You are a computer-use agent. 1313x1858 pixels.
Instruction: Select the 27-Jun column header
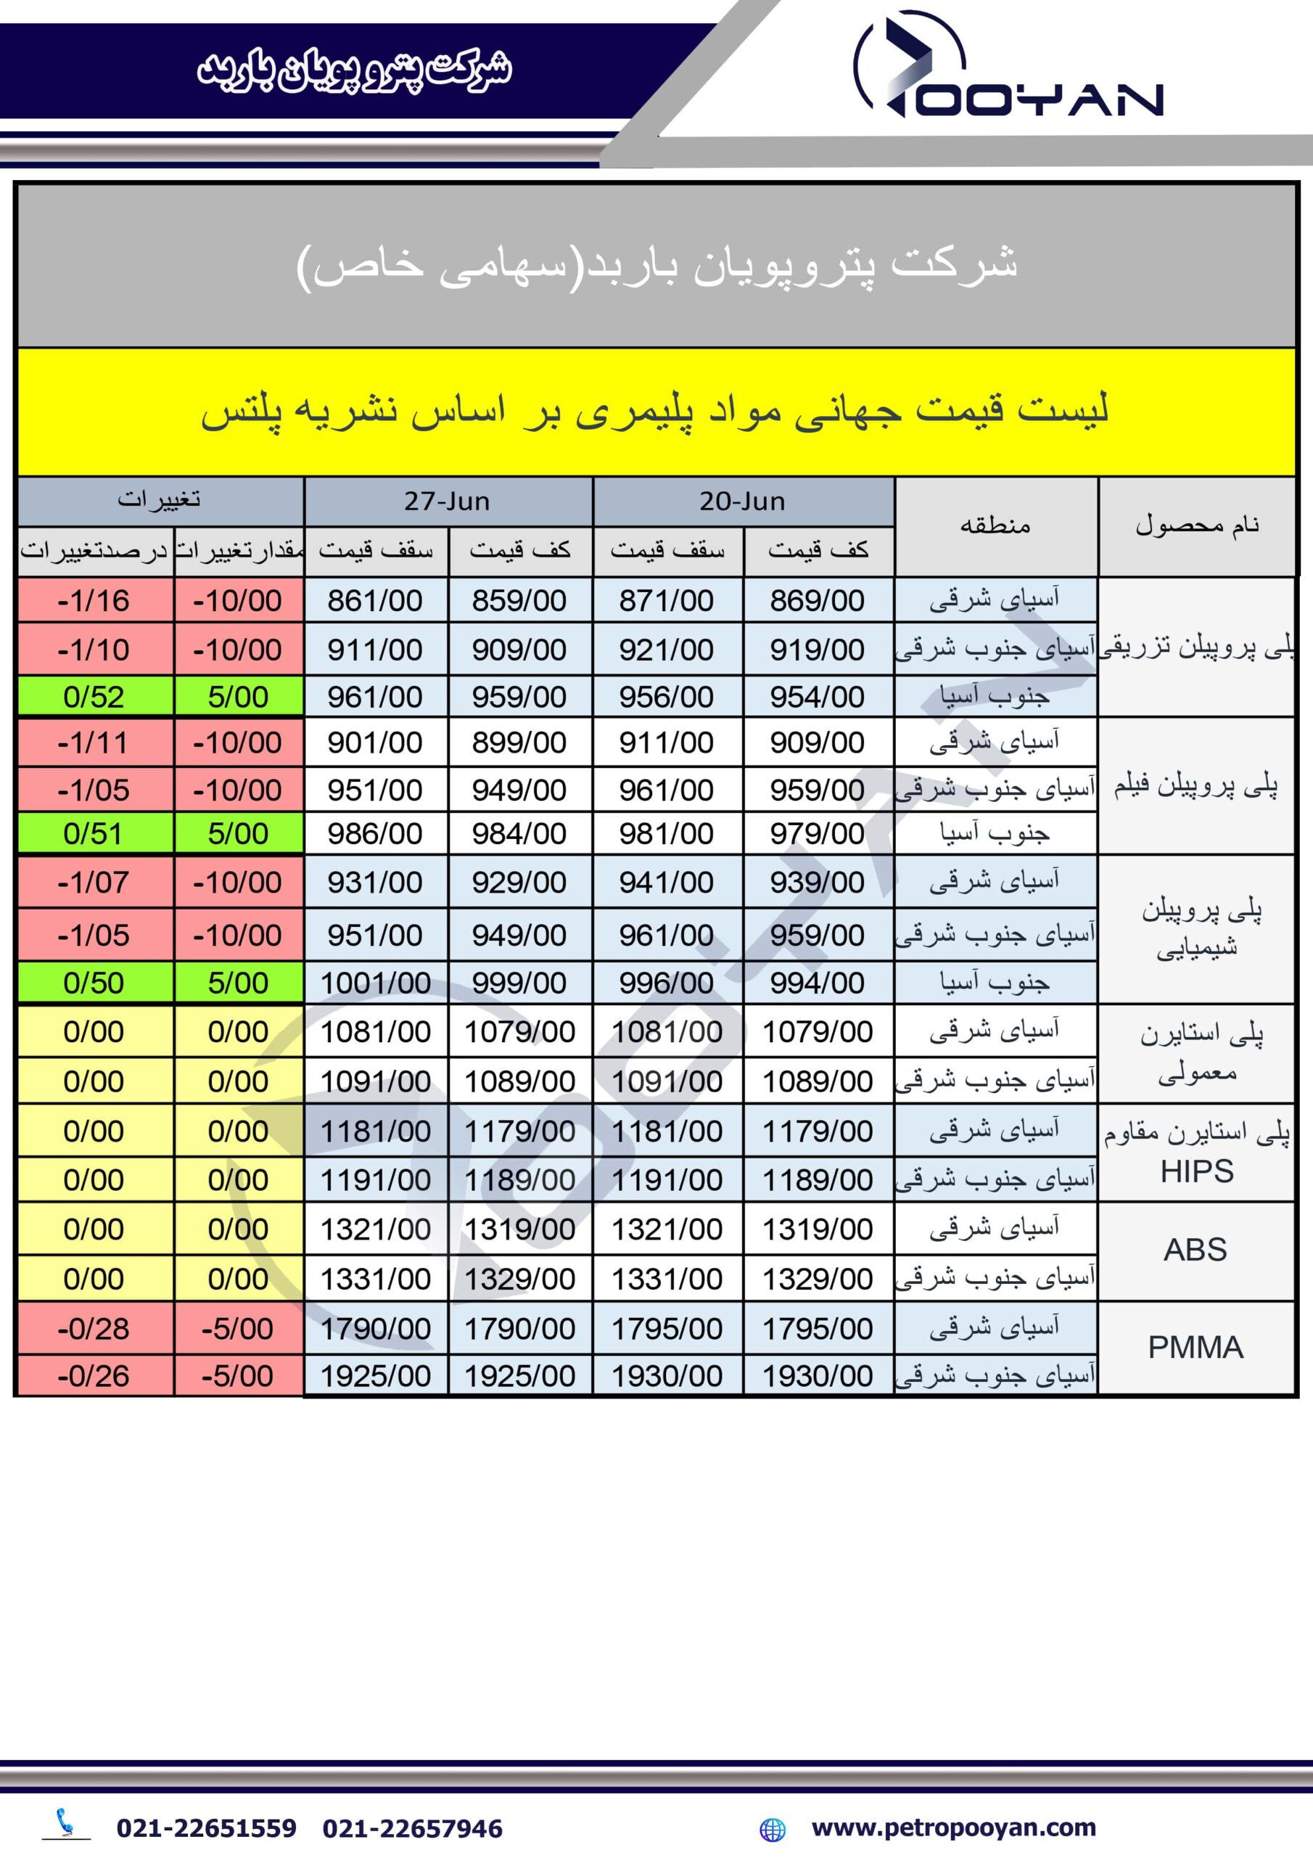click(448, 501)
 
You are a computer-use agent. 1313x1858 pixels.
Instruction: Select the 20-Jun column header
click(742, 501)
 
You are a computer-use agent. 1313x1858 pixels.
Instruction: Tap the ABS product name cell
click(1195, 1251)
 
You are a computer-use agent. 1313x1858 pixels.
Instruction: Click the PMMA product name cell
click(1195, 1347)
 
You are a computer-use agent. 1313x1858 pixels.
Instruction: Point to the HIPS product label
click(1196, 1171)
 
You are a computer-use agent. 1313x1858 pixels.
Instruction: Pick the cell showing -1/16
click(94, 600)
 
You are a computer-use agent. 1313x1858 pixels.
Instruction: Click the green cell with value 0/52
click(94, 697)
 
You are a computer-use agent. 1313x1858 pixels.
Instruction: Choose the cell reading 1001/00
click(375, 983)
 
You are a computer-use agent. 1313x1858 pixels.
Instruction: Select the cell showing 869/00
click(817, 600)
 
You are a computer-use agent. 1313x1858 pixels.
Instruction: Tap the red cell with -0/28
click(94, 1329)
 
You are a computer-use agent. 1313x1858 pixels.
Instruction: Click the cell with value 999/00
click(519, 983)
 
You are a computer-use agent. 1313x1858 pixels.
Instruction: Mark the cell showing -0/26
click(94, 1375)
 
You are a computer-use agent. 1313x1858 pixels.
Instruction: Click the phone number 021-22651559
click(206, 1828)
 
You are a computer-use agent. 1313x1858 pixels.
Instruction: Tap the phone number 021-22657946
click(413, 1828)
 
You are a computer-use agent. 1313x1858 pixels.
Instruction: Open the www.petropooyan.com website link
click(954, 1828)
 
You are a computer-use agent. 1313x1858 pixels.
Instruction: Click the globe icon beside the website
click(773, 1829)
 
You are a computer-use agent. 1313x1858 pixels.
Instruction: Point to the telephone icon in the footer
click(65, 1823)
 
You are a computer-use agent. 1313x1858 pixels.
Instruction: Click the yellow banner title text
click(655, 411)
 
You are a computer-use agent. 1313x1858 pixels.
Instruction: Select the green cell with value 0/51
click(94, 833)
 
